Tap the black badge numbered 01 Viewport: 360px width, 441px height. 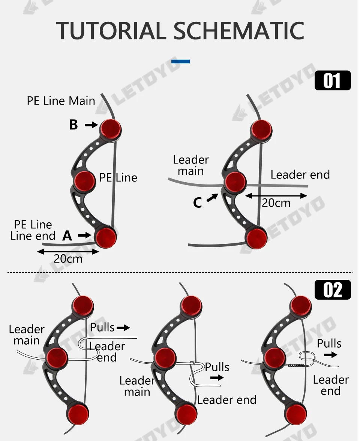coord(332,81)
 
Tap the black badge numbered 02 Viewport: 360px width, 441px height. coord(332,290)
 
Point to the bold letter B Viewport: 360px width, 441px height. coord(73,125)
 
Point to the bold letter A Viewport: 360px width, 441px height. coord(67,235)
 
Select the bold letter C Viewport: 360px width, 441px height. coord(198,202)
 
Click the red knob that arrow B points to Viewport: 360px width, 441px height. coord(111,129)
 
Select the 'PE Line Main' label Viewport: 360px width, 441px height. coord(61,101)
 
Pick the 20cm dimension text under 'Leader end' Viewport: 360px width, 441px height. coord(276,203)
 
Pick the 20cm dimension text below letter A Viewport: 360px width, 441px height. coord(68,259)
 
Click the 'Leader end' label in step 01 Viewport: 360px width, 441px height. coord(300,175)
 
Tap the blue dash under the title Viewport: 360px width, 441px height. coord(180,61)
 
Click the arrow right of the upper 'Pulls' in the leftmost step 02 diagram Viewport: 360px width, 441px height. coord(123,328)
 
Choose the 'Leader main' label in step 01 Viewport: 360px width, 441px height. coord(190,165)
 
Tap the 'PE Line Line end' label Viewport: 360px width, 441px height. coord(33,230)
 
